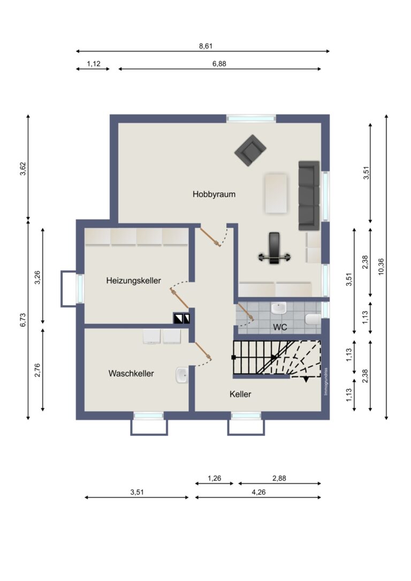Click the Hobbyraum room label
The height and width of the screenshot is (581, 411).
point(214,195)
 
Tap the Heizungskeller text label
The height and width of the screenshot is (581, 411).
point(134,280)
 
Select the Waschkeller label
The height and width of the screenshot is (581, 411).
point(131,373)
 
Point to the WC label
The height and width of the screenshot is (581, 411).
point(280,327)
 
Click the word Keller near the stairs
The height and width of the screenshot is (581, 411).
point(240,394)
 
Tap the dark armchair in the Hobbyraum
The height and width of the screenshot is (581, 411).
point(250,150)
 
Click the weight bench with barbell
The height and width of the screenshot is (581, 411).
point(274,249)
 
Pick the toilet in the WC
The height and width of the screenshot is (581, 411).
point(313,320)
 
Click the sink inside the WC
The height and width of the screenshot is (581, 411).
point(279,308)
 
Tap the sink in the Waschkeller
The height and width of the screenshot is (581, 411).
point(181,376)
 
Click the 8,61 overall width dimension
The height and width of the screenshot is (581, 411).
point(206,46)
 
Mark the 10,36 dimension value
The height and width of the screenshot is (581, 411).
point(380,266)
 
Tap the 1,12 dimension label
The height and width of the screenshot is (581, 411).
point(94,64)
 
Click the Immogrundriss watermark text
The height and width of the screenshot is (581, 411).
point(325,381)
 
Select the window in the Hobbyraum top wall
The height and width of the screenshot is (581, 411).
point(251,119)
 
